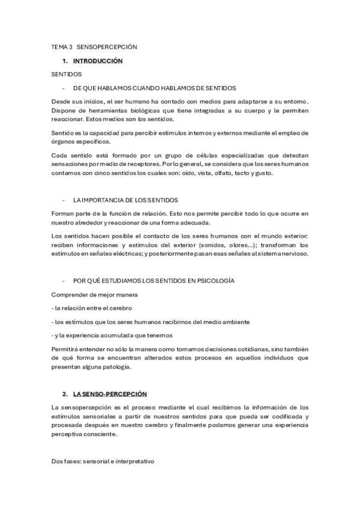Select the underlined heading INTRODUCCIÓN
tap(97, 61)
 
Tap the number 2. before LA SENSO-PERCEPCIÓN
tap(65, 394)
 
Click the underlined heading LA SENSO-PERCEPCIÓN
tap(110, 394)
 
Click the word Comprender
tap(71, 295)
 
